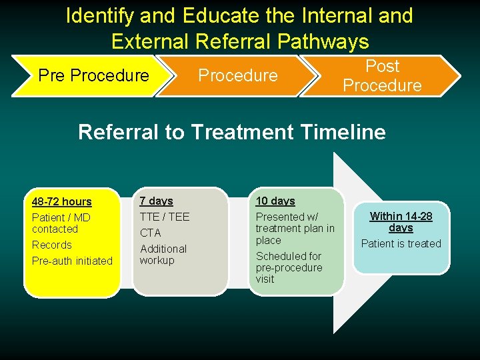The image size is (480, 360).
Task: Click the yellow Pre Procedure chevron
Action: [x=93, y=75]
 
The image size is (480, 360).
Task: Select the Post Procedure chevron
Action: [x=382, y=75]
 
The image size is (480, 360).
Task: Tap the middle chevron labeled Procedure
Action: [x=238, y=75]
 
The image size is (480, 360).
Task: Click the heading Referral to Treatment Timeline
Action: [x=232, y=132]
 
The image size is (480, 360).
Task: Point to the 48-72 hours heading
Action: [x=62, y=201]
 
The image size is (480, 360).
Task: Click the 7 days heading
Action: [x=156, y=201]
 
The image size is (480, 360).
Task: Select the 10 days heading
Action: [x=275, y=201]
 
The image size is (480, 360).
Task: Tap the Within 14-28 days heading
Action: [x=401, y=221]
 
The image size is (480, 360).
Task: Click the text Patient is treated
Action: [x=401, y=243]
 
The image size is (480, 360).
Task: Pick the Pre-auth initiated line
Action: [x=72, y=261]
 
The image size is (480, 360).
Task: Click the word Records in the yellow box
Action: [x=51, y=245]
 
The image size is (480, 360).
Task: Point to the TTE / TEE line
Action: [x=164, y=217]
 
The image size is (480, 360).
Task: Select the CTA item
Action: [x=150, y=233]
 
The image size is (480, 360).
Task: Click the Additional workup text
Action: [x=163, y=254]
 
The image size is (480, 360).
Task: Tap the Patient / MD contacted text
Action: [x=61, y=223]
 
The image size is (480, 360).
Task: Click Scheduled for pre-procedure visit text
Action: [x=289, y=267]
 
